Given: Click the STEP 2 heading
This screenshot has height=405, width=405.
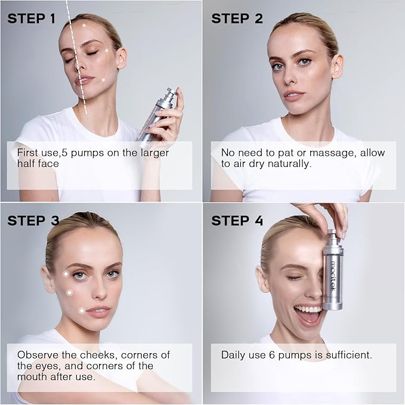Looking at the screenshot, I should (x=237, y=18).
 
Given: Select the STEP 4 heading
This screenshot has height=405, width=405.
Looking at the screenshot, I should (x=237, y=221).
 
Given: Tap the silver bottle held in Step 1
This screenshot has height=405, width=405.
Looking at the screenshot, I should (x=156, y=116).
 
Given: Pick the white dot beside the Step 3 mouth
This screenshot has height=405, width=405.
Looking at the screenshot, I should (x=81, y=310).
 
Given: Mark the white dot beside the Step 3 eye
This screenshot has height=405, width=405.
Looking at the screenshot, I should (x=66, y=274).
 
